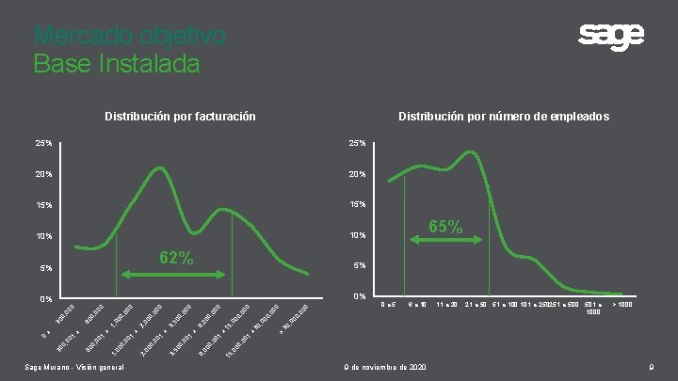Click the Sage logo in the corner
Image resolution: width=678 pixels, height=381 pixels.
tap(611, 38)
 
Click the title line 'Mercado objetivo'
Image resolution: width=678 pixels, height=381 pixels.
tap(129, 36)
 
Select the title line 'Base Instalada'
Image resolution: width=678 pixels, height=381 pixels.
tap(117, 64)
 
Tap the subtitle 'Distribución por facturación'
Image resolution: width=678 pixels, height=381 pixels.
tap(180, 117)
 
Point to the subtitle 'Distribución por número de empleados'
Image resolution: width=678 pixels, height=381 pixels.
tap(503, 117)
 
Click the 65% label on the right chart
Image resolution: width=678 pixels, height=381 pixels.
tap(445, 227)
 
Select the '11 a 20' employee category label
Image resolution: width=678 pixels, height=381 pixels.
tap(446, 306)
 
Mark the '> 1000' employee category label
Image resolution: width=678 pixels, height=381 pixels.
tap(622, 306)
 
